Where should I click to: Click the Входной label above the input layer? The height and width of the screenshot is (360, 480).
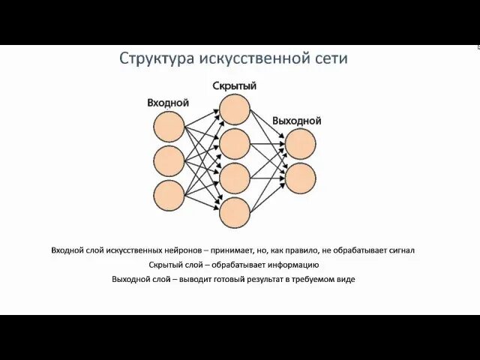[x=168, y=103]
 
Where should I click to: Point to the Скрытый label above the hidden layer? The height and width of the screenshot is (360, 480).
[x=234, y=86]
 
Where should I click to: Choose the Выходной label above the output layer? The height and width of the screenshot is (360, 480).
[x=297, y=120]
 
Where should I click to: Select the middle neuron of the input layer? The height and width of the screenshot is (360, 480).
[x=169, y=160]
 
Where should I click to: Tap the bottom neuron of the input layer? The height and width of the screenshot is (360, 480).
[x=169, y=193]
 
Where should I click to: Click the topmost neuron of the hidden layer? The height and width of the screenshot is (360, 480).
[x=235, y=109]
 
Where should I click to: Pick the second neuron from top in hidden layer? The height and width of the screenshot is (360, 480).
[x=235, y=144]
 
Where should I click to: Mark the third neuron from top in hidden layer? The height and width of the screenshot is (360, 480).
[x=235, y=178]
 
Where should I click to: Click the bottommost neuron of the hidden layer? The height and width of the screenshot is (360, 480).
[x=235, y=212]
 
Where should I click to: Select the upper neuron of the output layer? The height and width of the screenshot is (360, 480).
[x=300, y=143]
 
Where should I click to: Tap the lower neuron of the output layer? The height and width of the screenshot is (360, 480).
[x=300, y=177]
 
